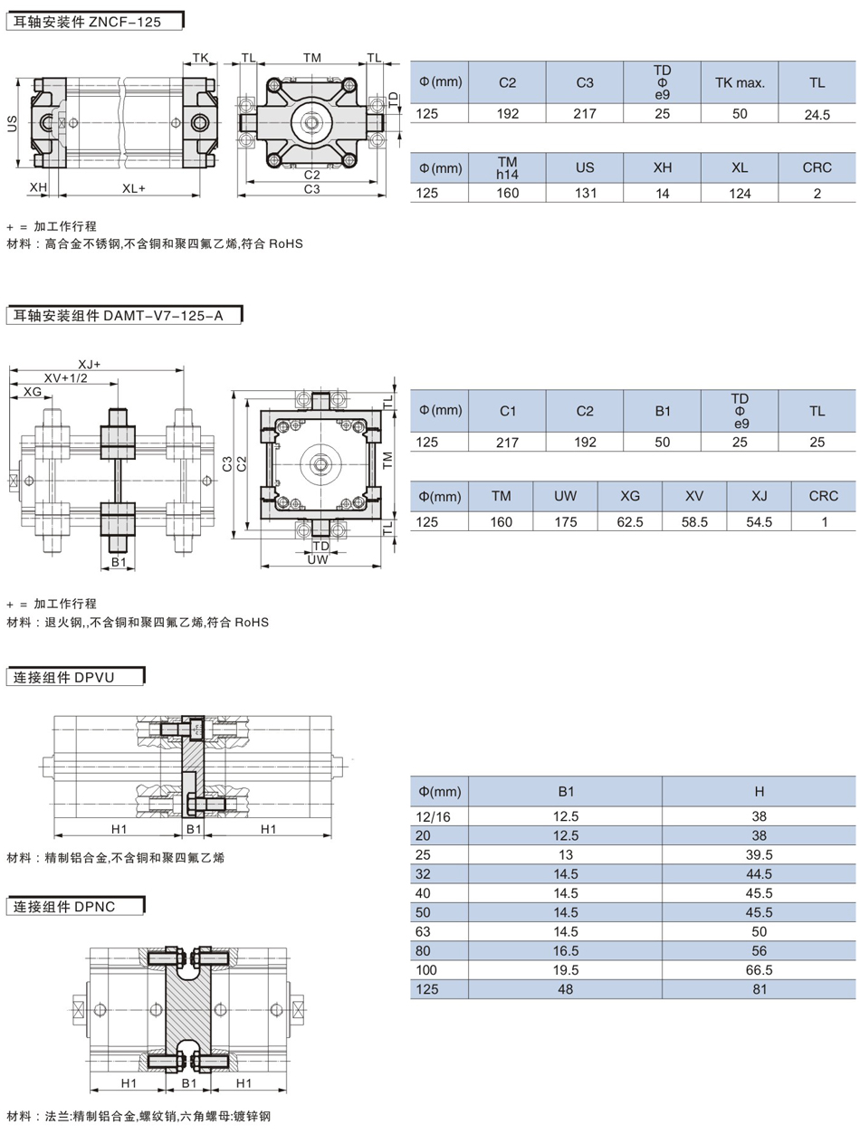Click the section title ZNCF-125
point(125,23)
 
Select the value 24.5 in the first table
point(817,115)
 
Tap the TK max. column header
point(740,82)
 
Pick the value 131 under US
point(585,193)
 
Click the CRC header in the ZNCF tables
point(817,167)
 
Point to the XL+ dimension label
point(134,188)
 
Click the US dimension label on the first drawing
point(12,123)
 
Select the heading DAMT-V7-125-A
point(163,316)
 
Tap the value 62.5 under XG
point(630,522)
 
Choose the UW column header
point(565,496)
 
